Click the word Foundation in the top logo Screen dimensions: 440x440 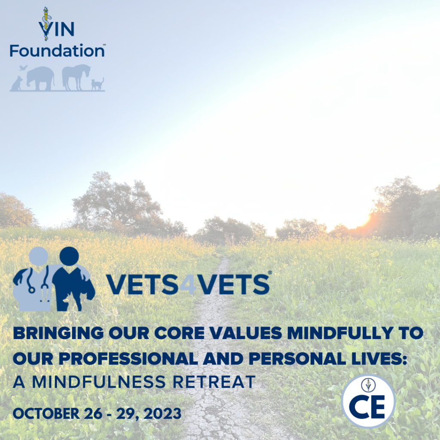coord(57,50)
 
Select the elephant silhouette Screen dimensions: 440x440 coord(40,77)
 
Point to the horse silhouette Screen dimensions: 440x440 coord(76,76)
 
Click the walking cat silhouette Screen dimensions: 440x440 coord(98,84)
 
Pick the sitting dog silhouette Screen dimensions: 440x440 coord(17,83)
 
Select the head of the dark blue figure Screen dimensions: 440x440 coord(69,257)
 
